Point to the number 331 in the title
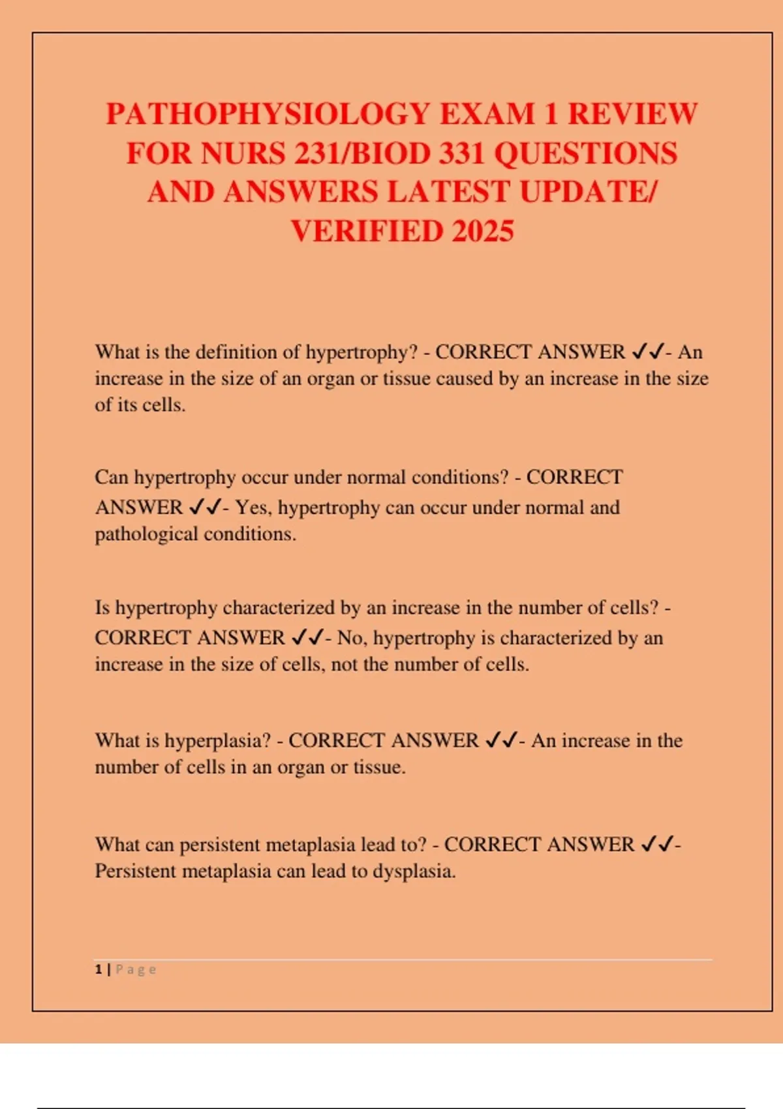pyautogui.click(x=463, y=154)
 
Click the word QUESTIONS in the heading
pyautogui.click(x=585, y=154)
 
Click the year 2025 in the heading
pyautogui.click(x=482, y=232)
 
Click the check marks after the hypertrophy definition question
pyautogui.click(x=648, y=352)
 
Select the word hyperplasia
pyautogui.click(x=217, y=740)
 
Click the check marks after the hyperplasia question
pyautogui.click(x=502, y=740)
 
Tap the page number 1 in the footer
pyautogui.click(x=99, y=969)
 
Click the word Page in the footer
pyautogui.click(x=136, y=969)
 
